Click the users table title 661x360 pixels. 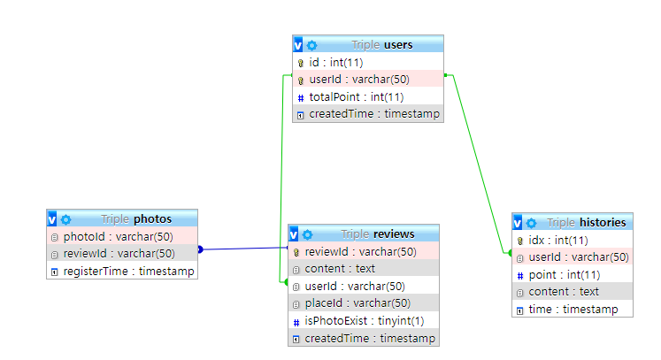(398, 45)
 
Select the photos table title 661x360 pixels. (151, 218)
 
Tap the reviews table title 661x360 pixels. (394, 234)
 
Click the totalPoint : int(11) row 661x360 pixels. (357, 96)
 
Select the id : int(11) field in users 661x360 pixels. (335, 63)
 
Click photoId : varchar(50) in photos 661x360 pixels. (118, 236)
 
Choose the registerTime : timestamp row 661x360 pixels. (127, 271)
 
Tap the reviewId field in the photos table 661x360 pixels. (121, 254)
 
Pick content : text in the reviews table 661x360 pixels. (340, 269)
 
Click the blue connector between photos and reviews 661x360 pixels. (243, 249)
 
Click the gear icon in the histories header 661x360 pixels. (531, 223)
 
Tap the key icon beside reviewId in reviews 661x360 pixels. (297, 252)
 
